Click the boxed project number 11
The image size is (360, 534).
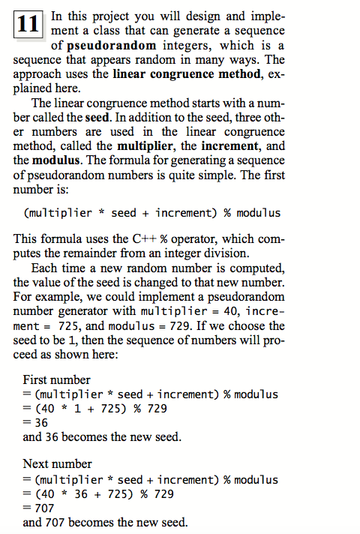[x=28, y=23]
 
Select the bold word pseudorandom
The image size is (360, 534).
[x=112, y=45]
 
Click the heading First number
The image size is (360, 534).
[x=56, y=379]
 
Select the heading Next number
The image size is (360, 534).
[x=57, y=464]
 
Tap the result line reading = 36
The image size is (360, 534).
[x=35, y=422]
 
